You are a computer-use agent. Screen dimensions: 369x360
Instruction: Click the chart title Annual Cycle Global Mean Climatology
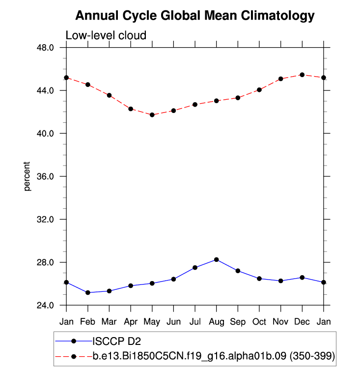(194, 16)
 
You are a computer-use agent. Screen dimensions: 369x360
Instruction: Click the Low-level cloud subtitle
(106, 35)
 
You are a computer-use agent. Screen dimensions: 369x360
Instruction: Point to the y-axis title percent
(28, 176)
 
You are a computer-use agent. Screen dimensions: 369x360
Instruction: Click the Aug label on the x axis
(216, 322)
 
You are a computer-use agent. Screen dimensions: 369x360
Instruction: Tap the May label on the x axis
(152, 322)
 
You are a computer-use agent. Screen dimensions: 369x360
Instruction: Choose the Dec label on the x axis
(302, 322)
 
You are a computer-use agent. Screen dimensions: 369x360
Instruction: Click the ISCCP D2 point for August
(217, 259)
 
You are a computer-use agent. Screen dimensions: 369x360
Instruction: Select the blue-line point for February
(88, 292)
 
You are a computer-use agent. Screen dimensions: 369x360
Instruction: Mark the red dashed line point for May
(152, 115)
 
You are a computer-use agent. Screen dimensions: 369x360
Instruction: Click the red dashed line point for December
(302, 75)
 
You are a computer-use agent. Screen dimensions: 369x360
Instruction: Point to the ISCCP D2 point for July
(195, 267)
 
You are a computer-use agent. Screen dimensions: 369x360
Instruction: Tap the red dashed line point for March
(110, 95)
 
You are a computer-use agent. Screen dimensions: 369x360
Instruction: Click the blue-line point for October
(259, 279)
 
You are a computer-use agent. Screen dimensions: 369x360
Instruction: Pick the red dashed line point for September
(238, 98)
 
